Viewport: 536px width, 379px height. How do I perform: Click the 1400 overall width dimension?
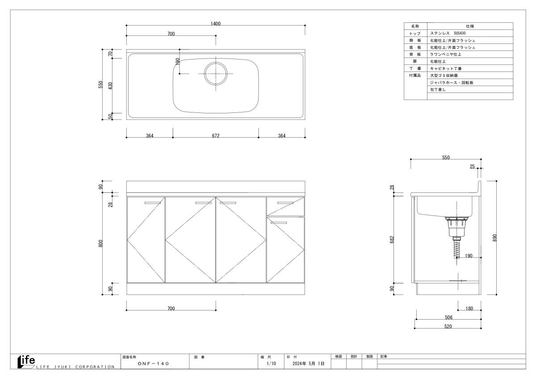[215, 23]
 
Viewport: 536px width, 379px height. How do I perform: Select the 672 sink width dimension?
[216, 136]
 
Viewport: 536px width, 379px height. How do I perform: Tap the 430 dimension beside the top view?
[110, 86]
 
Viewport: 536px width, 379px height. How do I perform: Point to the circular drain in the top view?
[216, 74]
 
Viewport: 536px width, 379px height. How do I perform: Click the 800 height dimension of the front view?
[100, 243]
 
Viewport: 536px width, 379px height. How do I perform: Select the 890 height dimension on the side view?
[494, 237]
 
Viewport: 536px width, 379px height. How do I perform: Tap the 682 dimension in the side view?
[392, 239]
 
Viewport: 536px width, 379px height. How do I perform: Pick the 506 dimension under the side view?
[448, 317]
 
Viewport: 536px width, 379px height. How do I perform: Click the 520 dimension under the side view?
[448, 326]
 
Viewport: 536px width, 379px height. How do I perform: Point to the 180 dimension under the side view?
[469, 308]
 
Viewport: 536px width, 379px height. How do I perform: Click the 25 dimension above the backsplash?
[472, 166]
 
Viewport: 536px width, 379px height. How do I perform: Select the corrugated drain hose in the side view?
[457, 249]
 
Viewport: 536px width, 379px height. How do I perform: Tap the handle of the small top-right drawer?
[285, 203]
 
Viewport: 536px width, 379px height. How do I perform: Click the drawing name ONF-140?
[153, 363]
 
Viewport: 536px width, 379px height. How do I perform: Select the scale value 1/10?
[272, 363]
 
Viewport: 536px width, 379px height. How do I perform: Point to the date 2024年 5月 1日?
[309, 363]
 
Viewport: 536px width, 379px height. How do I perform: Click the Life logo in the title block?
[26, 362]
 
